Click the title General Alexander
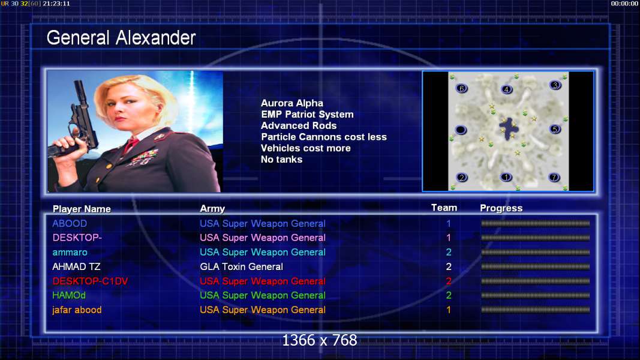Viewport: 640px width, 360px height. pos(121,38)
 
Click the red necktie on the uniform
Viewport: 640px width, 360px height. pos(131,145)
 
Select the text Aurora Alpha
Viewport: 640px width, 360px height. pos(292,103)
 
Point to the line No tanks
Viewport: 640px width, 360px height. pos(282,160)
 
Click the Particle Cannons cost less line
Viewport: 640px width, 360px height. pos(324,137)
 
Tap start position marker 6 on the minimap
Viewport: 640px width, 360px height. pos(462,89)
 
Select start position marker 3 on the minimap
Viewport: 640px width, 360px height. pos(555,85)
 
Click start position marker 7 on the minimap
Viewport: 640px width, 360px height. pos(554,177)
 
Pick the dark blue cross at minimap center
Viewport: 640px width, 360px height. pos(509,129)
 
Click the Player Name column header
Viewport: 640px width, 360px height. pos(82,209)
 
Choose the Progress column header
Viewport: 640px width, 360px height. pos(501,208)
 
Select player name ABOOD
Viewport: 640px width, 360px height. pos(70,224)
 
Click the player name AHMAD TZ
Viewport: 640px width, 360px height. pos(76,267)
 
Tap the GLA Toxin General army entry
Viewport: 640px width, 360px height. pos(241,267)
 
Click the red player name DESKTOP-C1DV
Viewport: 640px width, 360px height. pos(90,281)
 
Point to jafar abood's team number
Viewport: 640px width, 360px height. pos(449,310)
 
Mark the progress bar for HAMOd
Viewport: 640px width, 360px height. pos(536,296)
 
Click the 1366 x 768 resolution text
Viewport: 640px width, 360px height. pos(320,340)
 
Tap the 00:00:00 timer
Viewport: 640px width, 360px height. pos(624,4)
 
